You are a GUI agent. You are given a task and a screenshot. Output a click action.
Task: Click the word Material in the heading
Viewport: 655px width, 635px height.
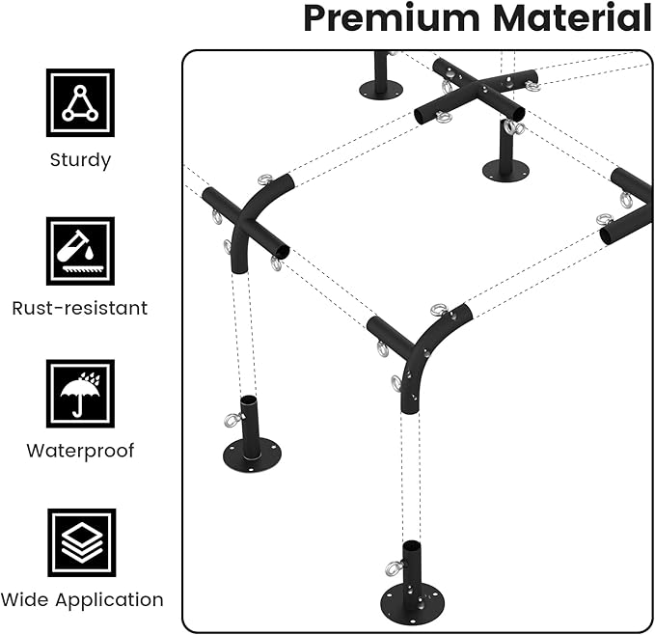click(575, 18)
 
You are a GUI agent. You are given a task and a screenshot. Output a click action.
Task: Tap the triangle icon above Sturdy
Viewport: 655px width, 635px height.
click(80, 102)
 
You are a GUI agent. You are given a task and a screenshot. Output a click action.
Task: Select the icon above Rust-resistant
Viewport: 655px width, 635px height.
click(80, 251)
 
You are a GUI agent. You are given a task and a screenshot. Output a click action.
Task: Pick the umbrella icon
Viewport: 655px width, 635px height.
click(80, 394)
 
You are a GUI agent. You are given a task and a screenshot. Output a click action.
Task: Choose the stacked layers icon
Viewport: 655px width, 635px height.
click(81, 542)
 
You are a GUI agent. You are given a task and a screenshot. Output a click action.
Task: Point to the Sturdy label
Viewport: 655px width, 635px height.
click(80, 160)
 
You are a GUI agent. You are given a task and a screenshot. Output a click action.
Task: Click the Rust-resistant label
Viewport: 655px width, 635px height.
click(80, 309)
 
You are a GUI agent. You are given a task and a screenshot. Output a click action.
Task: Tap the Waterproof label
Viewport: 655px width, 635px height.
click(80, 451)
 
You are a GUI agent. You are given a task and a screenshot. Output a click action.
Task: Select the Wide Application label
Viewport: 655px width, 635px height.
click(82, 599)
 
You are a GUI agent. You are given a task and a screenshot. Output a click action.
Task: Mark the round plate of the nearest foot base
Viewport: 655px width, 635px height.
click(412, 598)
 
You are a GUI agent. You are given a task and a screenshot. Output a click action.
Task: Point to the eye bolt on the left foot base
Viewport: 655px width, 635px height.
click(232, 420)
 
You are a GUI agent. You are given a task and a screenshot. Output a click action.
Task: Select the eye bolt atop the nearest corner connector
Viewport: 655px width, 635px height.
click(439, 310)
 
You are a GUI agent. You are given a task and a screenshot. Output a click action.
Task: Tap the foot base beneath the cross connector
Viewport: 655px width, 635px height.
click(505, 158)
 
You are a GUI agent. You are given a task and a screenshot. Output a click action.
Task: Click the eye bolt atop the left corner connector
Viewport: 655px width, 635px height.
click(264, 179)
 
